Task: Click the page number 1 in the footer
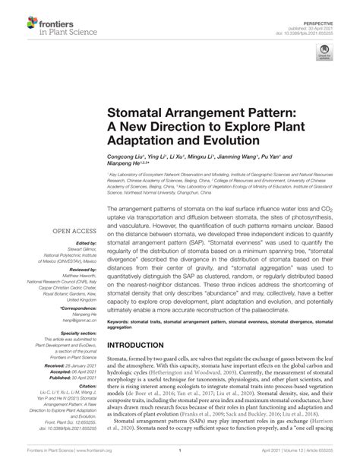coord(178,460)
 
